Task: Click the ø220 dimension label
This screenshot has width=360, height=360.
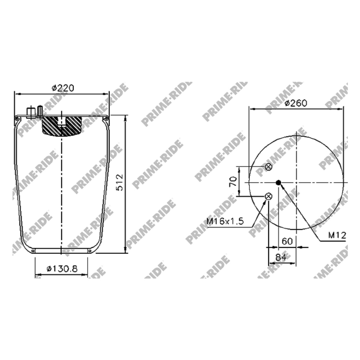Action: point(63,88)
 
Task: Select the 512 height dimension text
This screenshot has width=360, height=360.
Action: point(120,182)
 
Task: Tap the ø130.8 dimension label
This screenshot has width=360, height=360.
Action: point(62,268)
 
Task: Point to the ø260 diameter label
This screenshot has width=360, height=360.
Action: point(296,103)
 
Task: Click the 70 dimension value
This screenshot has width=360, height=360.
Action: point(233,182)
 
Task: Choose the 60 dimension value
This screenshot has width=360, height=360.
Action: point(287,241)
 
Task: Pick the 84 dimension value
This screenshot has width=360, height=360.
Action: point(281,257)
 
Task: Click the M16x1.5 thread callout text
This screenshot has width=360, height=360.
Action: point(225,221)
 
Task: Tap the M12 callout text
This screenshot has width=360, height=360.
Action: point(337,235)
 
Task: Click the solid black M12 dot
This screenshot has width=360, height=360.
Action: point(278,182)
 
